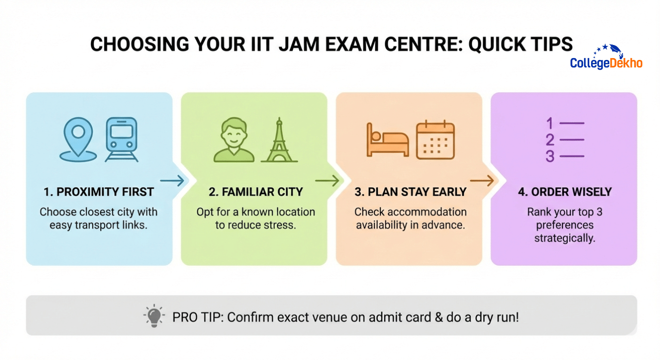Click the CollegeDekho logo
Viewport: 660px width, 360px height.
tap(606, 57)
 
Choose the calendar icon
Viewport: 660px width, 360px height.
tap(435, 140)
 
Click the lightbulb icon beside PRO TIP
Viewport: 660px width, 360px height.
tap(154, 317)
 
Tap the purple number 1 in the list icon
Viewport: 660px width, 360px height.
tap(550, 124)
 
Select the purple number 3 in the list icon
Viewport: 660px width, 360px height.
tap(550, 156)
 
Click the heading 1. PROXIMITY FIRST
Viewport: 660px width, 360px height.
tap(98, 192)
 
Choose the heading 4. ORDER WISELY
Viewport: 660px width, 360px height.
tap(564, 192)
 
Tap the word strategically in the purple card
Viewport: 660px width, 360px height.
tap(564, 238)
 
